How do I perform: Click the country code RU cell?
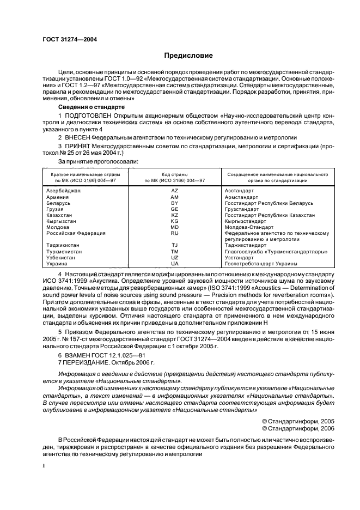coord(175,233)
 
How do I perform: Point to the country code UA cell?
coord(175,264)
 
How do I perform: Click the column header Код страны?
coord(175,174)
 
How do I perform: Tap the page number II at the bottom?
coord(45,467)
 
